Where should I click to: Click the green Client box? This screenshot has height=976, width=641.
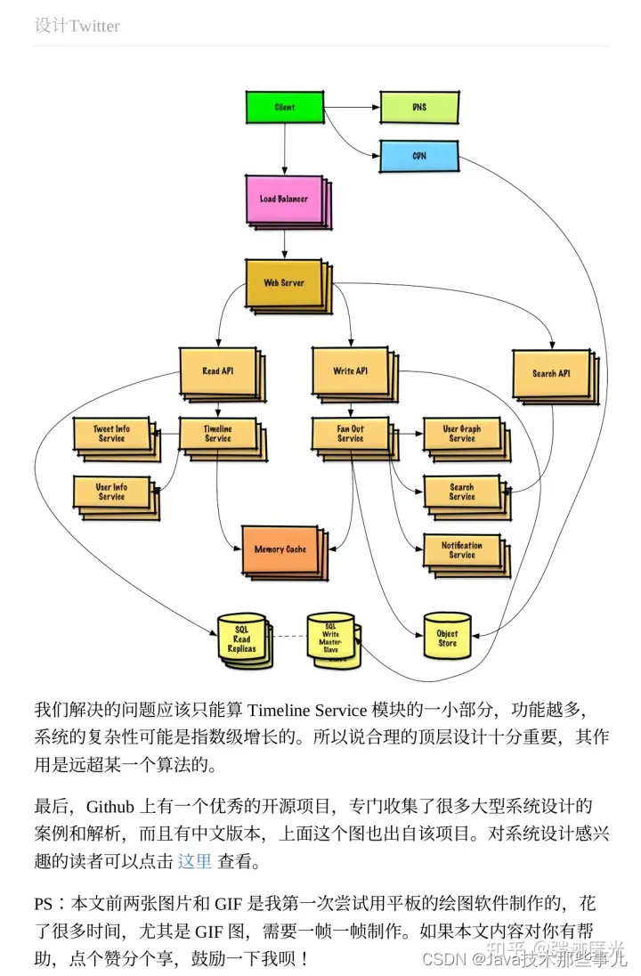[x=284, y=108]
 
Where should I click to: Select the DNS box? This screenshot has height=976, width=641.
[x=418, y=108]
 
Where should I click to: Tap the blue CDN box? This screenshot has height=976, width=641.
[x=418, y=156]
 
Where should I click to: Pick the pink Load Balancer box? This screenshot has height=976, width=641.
[x=283, y=199]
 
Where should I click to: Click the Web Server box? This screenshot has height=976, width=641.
[x=283, y=283]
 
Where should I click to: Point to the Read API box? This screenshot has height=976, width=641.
[x=217, y=371]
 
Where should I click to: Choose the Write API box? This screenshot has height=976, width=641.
[x=350, y=371]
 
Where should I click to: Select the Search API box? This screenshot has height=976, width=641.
[x=551, y=374]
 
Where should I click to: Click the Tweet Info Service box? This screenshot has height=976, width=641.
[x=112, y=434]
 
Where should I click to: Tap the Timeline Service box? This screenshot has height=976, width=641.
[x=217, y=434]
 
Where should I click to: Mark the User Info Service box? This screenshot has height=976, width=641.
[x=112, y=492]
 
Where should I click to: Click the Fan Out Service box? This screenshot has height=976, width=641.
[x=350, y=434]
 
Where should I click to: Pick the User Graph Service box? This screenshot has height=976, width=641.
[x=461, y=434]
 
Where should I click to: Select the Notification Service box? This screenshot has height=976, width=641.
[x=461, y=550]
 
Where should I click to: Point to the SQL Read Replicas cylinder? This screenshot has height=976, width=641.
[x=241, y=638]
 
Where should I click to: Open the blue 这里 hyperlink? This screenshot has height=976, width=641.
[x=195, y=861]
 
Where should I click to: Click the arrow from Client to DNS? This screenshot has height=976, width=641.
[x=351, y=108]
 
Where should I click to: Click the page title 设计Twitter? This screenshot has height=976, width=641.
[x=77, y=26]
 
